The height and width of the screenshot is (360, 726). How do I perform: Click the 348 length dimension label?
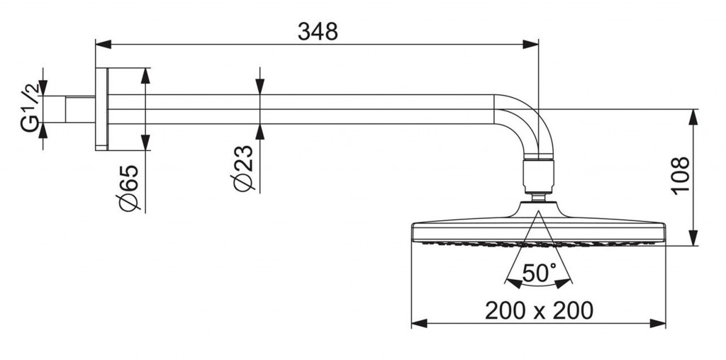[318, 32]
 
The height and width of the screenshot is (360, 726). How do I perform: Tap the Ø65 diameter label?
[129, 187]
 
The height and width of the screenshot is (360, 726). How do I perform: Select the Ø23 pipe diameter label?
[244, 168]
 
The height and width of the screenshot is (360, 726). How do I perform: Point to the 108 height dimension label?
[681, 176]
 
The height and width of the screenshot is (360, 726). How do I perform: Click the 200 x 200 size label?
[539, 310]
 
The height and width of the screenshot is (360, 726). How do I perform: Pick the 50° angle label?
[539, 274]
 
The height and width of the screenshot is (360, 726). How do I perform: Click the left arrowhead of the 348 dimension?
[104, 45]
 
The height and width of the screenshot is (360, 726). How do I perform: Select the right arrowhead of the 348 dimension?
[530, 45]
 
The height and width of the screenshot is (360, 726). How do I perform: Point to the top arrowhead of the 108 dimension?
[693, 118]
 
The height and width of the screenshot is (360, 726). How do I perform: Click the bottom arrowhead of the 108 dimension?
[693, 237]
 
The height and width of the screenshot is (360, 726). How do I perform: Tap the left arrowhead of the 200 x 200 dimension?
[420, 323]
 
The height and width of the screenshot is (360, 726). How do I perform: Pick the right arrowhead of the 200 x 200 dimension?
[657, 323]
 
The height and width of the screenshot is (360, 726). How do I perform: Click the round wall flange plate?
[101, 109]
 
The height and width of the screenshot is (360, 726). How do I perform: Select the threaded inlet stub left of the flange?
[80, 110]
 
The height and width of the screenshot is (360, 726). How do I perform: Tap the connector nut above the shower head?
[539, 176]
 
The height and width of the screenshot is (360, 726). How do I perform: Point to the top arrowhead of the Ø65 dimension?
[145, 77]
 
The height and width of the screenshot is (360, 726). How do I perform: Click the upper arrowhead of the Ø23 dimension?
[259, 86]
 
